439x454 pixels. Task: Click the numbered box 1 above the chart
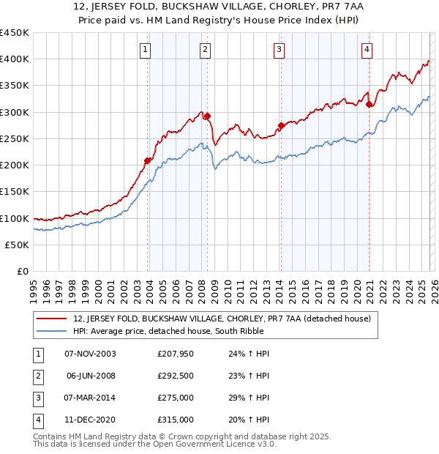tap(146, 50)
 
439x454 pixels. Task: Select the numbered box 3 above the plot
tap(279, 50)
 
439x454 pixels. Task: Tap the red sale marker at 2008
tap(207, 116)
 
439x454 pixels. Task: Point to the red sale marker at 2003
tap(148, 160)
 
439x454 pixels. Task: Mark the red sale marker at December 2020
tap(369, 104)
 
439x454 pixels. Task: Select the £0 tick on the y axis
tap(23, 272)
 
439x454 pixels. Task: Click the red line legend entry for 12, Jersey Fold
tap(222, 319)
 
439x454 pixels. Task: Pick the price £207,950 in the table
tap(176, 354)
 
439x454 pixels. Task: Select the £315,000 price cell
tap(176, 420)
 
